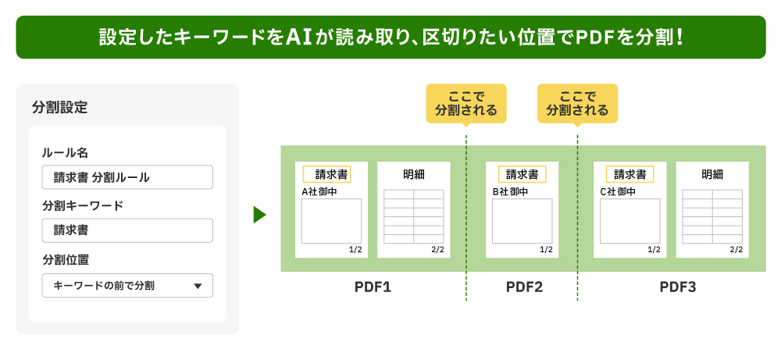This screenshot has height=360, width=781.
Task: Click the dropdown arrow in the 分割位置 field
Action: tap(197, 286)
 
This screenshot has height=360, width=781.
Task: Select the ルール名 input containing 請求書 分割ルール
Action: tap(127, 177)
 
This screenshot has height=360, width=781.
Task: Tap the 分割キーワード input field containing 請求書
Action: tap(127, 230)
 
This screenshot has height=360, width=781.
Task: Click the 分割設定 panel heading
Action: tap(60, 108)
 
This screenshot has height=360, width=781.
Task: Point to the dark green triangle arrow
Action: tap(259, 214)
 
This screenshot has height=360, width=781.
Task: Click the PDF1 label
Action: tap(373, 287)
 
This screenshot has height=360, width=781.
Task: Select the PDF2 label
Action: tap(524, 287)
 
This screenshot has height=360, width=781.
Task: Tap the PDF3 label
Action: tap(677, 287)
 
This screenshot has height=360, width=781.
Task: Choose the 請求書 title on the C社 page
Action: tap(629, 174)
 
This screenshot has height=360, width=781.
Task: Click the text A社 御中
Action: tap(319, 191)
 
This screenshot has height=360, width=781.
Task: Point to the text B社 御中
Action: tap(510, 191)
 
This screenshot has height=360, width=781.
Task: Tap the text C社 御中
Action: tap(618, 191)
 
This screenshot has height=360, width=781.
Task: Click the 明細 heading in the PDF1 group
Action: tap(414, 174)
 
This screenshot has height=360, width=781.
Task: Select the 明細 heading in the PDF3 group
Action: tap(712, 174)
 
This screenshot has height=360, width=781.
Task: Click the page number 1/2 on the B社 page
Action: tap(545, 250)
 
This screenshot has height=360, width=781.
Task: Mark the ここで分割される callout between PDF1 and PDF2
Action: tap(466, 103)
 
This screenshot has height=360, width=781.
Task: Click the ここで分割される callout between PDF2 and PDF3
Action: tap(577, 103)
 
